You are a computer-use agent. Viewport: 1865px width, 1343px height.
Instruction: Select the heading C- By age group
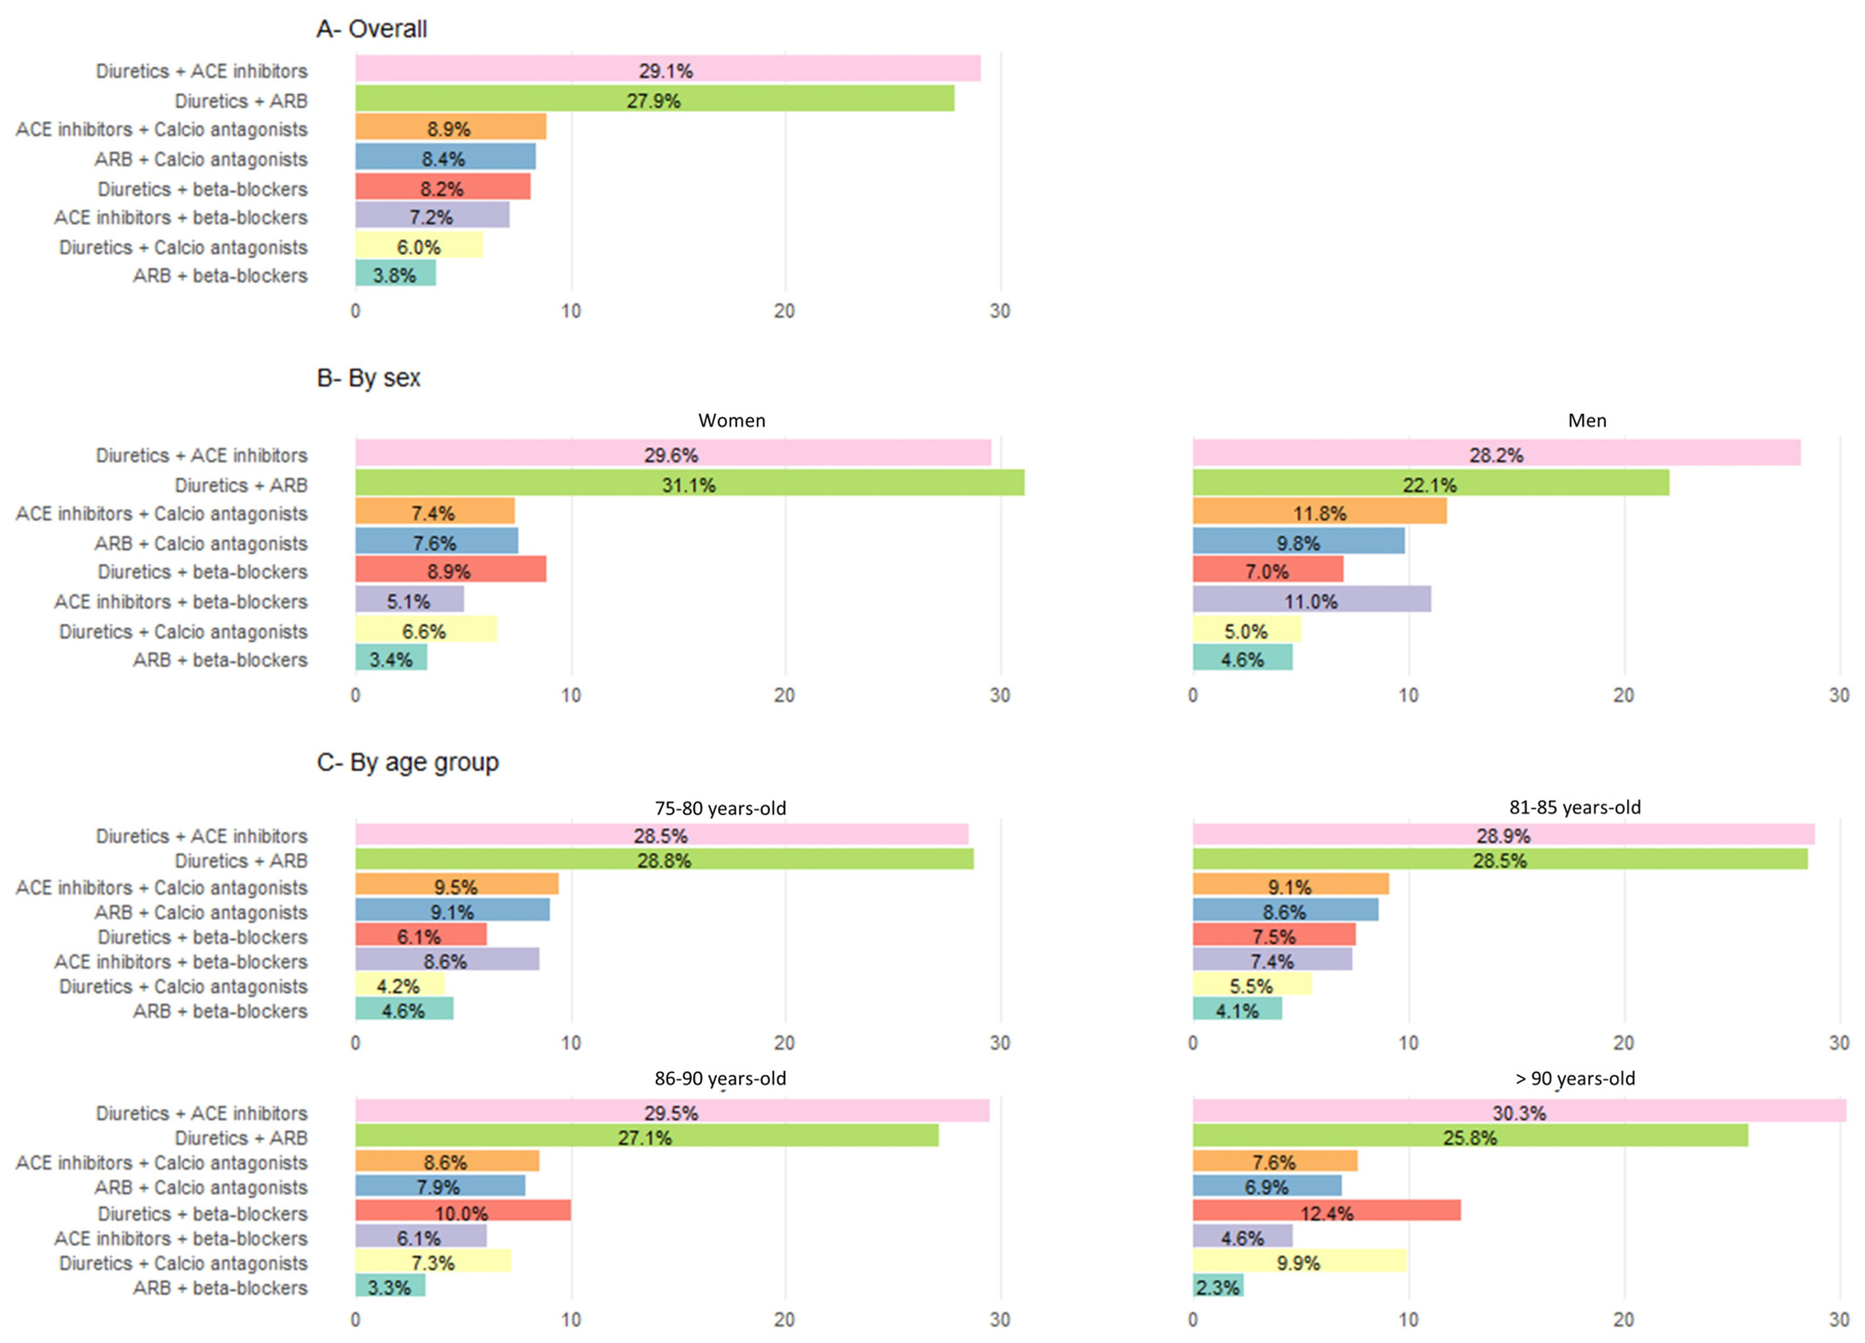coord(408,763)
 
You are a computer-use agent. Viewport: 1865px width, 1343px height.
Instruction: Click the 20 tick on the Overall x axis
coord(784,311)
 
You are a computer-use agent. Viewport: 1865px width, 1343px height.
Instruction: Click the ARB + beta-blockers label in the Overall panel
coord(220,276)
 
